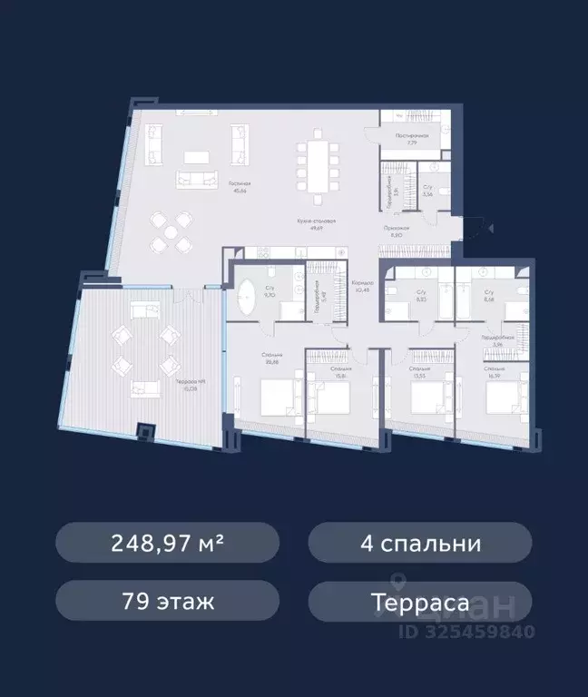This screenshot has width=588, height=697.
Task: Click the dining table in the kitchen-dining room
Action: coord(319,169)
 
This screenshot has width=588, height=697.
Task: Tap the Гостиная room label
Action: coord(240,187)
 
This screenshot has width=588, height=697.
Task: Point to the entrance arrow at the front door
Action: coord(488,229)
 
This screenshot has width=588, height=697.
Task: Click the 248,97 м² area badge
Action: coord(168,544)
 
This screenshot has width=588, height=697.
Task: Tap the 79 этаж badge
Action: coord(168,601)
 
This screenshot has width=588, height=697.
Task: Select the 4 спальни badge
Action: coord(419,544)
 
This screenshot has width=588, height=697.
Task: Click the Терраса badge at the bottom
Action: coord(419,601)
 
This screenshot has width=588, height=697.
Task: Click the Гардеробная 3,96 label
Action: coord(491,340)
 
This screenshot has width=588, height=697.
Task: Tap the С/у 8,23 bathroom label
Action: coord(420,295)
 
